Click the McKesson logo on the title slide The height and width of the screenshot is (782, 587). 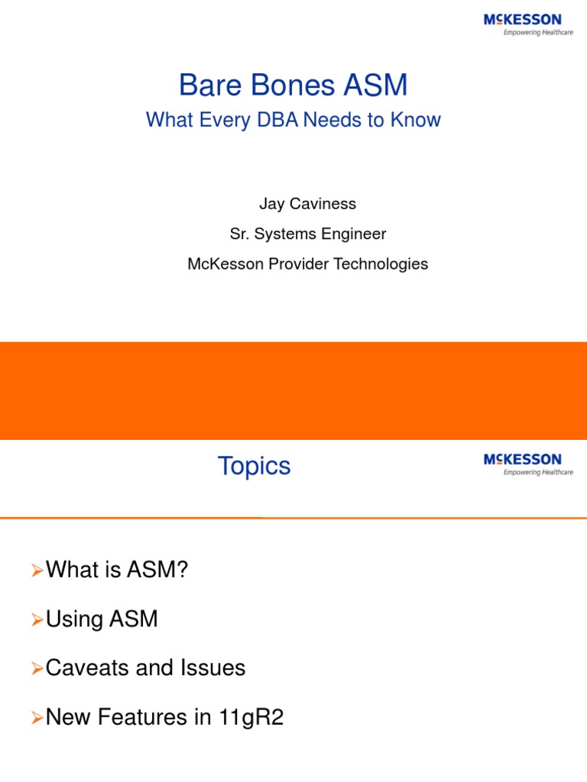[522, 24]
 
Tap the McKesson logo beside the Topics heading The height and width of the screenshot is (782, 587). [522, 464]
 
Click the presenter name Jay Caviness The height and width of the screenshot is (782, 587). [308, 205]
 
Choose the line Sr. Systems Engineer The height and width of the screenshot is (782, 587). [308, 234]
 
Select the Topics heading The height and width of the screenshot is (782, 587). [254, 466]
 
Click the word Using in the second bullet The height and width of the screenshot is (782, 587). [73, 619]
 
